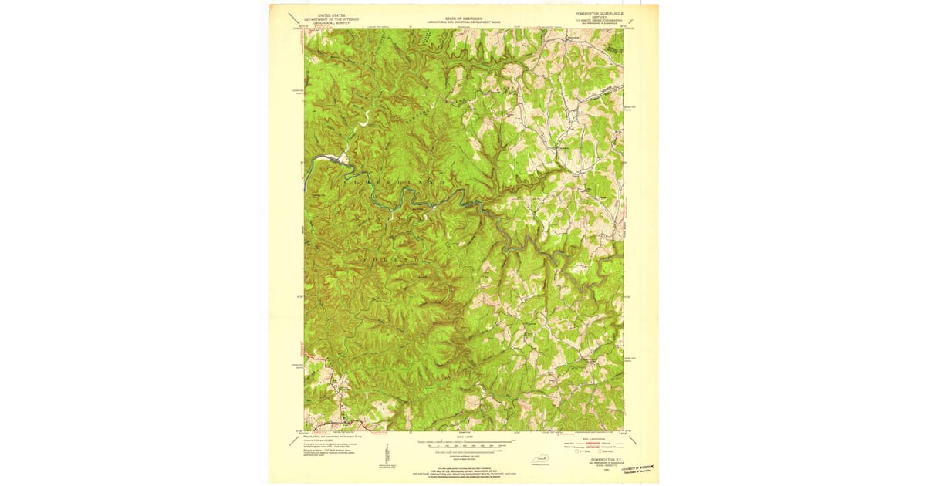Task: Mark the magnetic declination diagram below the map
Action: (387, 453)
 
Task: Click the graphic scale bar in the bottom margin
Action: (463, 446)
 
